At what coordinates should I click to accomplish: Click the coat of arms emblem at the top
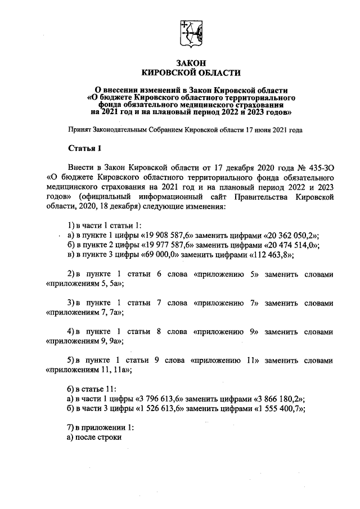tap(190, 34)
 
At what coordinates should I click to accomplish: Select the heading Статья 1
tap(84, 148)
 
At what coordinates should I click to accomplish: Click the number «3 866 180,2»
tap(276, 399)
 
